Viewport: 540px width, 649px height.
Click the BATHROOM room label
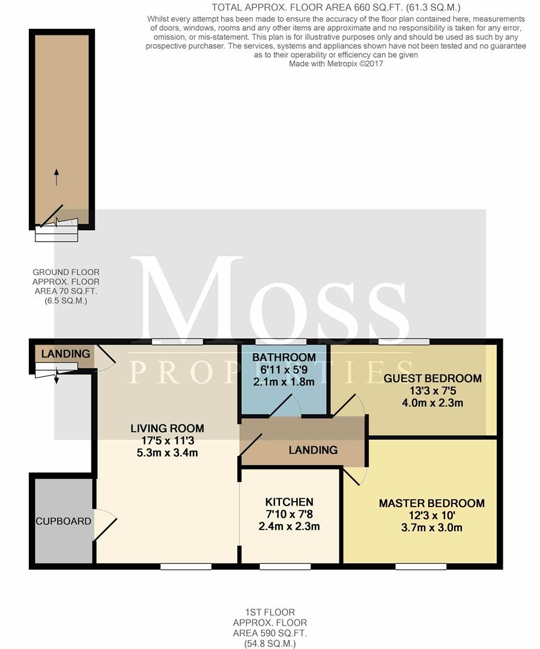(284, 357)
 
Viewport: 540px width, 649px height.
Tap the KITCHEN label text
(290, 502)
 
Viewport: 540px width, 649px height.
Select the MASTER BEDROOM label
(432, 504)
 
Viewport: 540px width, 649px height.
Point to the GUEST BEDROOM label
(432, 379)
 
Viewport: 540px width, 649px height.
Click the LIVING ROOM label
(167, 428)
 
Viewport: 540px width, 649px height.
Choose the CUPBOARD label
(63, 521)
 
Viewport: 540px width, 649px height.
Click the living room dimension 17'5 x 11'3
(168, 440)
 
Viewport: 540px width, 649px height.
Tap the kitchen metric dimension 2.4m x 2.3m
(290, 526)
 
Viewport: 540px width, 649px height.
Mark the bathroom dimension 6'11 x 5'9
(284, 369)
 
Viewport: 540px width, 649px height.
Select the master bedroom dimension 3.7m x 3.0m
(432, 528)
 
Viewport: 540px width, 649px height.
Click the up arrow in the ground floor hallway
(56, 177)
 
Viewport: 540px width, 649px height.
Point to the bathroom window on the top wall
(281, 341)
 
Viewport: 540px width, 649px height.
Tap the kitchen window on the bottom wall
(285, 567)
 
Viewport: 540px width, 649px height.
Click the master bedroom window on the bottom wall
(421, 567)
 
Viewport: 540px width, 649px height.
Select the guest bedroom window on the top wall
(404, 341)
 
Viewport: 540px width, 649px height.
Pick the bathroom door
(285, 406)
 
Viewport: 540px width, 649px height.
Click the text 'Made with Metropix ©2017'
(336, 64)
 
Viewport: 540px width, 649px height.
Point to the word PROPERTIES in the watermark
(271, 372)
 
